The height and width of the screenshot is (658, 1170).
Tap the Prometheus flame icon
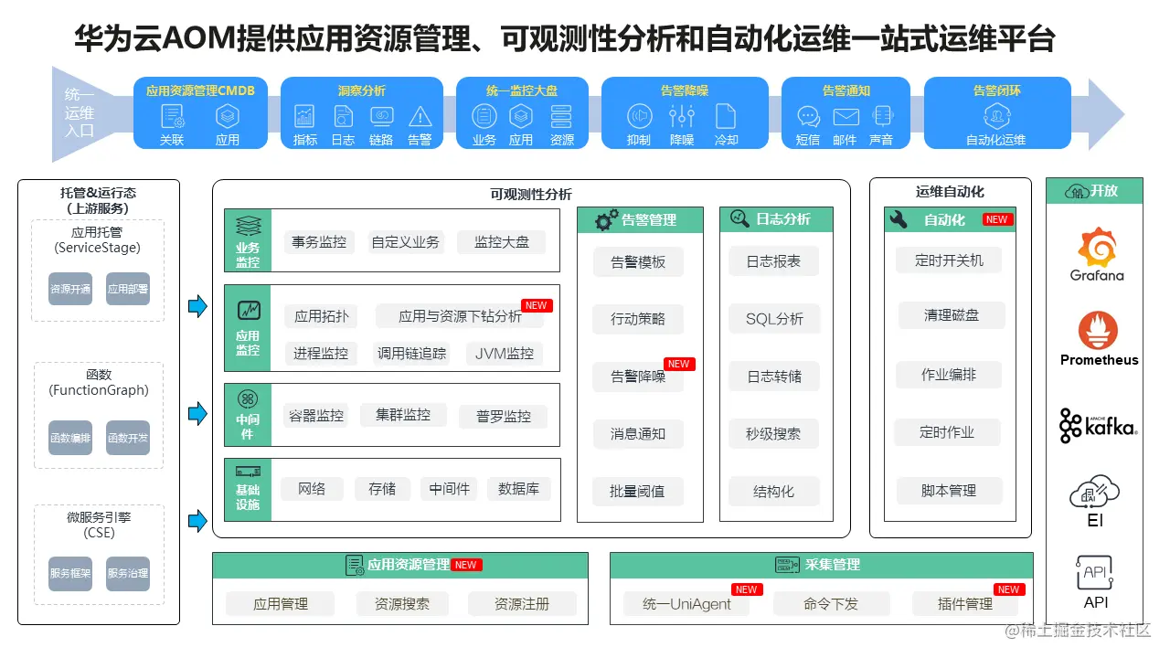point(1098,331)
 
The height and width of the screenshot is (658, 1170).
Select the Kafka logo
point(1098,426)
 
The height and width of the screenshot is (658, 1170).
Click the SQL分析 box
point(774,319)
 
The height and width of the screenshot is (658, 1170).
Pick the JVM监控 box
point(505,354)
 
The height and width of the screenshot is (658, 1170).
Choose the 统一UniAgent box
point(686,604)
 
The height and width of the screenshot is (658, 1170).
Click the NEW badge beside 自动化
point(996,219)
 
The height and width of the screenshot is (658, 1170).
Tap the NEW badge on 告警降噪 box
point(678,364)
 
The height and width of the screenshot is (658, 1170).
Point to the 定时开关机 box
point(949,260)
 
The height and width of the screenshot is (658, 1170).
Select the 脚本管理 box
point(949,491)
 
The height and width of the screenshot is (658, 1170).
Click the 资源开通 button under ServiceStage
point(70,289)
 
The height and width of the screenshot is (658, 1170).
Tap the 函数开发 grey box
point(127,438)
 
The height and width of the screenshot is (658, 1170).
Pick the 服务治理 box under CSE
point(127,574)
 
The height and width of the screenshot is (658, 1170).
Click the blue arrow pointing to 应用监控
point(197,306)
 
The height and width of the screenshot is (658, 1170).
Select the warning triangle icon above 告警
point(420,117)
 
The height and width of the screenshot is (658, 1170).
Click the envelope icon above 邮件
point(846,117)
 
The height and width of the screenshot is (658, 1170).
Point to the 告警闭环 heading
point(996,90)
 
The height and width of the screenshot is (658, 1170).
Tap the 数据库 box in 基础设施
point(518,489)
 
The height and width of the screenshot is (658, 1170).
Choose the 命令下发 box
point(831,604)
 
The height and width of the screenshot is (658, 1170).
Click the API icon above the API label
point(1095,573)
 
